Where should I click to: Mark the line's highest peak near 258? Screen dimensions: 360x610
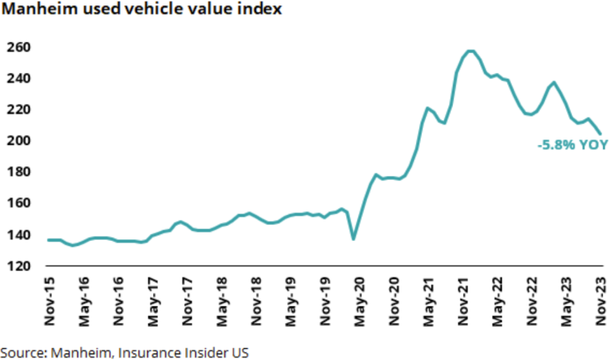(x=470, y=51)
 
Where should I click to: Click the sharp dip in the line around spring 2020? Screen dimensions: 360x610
(x=353, y=239)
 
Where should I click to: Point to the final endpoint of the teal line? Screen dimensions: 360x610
(x=600, y=133)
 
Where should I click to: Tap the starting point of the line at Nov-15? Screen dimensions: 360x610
(x=48, y=240)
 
